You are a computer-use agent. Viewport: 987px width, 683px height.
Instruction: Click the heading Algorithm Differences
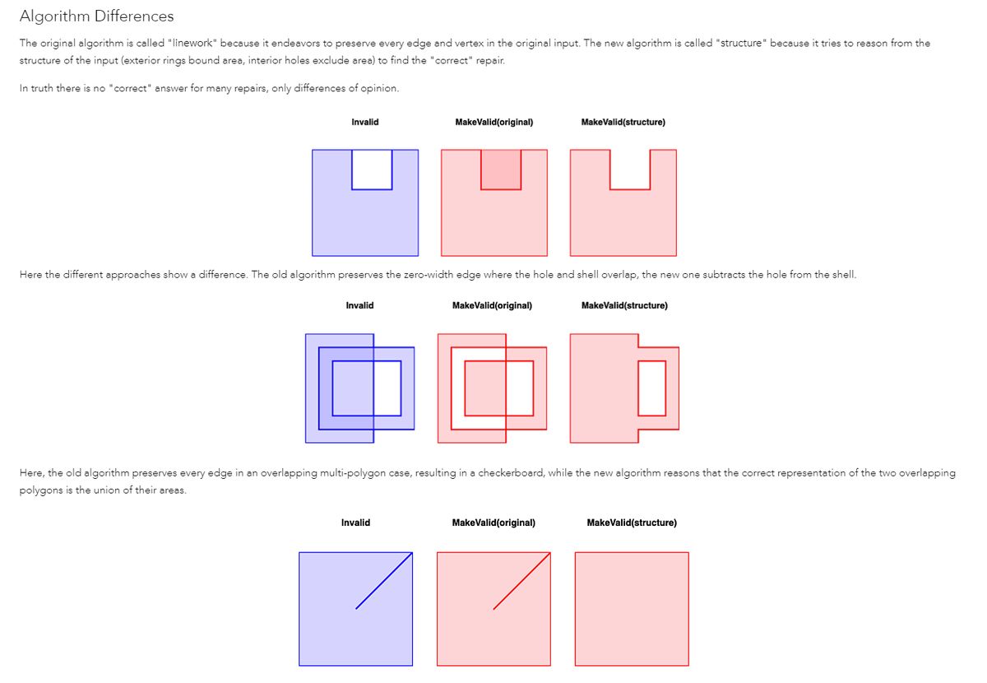pos(96,16)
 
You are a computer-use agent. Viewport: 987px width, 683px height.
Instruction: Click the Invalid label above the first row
pos(365,123)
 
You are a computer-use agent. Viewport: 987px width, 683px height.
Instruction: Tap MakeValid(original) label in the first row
pos(494,123)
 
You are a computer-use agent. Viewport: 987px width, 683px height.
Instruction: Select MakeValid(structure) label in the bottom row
pos(632,523)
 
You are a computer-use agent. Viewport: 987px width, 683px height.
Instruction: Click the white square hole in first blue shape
pos(372,170)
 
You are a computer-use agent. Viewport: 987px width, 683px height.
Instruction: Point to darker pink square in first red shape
pos(501,170)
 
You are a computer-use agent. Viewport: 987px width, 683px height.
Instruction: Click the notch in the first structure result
pos(630,168)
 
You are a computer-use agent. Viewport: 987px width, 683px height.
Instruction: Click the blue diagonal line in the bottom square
pos(384,580)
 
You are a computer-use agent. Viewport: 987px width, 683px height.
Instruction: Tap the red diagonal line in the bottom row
pos(521,580)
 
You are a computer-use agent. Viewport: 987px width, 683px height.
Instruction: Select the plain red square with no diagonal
pos(632,609)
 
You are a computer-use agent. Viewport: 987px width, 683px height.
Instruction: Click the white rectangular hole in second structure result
pos(651,388)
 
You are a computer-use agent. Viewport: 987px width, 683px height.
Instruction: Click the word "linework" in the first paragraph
pos(192,43)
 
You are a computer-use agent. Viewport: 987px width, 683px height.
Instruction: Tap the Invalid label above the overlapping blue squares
pos(359,305)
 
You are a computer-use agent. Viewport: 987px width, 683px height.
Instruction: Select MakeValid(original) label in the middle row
pos(492,305)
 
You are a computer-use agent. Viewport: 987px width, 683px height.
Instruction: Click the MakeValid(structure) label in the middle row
pos(624,305)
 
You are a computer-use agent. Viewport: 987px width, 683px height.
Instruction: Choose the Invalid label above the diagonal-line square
pos(355,523)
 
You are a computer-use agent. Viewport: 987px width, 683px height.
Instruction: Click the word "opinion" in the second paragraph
pos(379,89)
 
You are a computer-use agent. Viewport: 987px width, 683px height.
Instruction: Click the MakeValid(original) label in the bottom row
pos(493,523)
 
